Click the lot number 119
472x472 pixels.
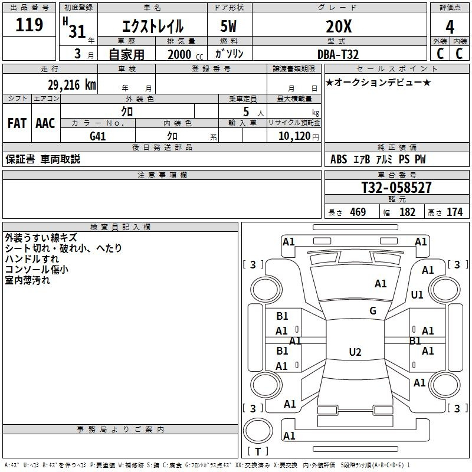[x=30, y=25]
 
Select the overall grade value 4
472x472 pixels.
[x=450, y=27]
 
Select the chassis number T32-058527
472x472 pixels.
[x=396, y=188]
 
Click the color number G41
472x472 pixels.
[x=98, y=136]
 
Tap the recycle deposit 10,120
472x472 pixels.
[x=294, y=136]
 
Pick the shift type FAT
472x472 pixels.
[x=17, y=123]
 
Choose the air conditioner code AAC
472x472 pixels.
[x=45, y=123]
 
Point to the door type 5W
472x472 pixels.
[x=230, y=27]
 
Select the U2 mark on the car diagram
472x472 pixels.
[x=355, y=352]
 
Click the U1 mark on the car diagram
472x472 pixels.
[x=417, y=294]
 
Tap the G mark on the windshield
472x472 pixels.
[x=372, y=311]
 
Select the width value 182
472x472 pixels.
[x=407, y=212]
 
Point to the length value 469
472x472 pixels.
[x=358, y=212]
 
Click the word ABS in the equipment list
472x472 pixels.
[x=339, y=159]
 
